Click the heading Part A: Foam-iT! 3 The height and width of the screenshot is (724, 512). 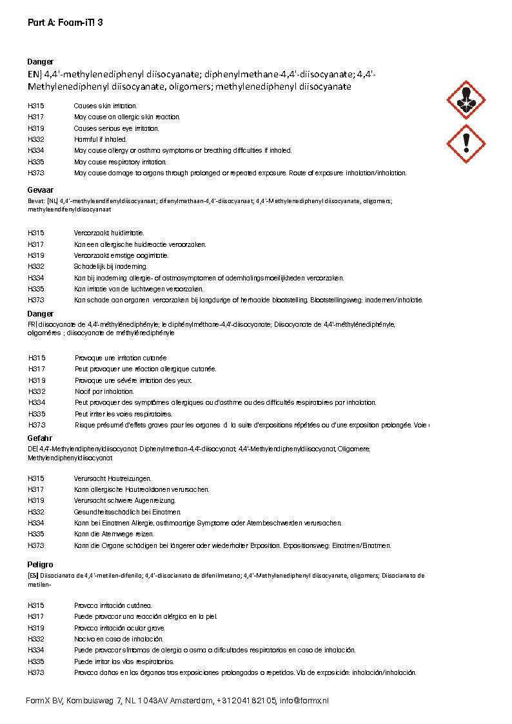pos(65,23)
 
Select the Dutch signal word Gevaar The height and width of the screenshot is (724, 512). pos(40,191)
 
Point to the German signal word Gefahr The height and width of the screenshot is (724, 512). pos(40,438)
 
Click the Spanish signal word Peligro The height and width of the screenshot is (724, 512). pos(41,564)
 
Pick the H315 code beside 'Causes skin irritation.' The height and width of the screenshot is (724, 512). pos(36,106)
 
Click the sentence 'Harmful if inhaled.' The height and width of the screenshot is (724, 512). pos(101,139)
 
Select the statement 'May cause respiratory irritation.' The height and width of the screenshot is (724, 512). pos(120,162)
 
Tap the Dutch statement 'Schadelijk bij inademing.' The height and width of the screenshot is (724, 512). pos(111,266)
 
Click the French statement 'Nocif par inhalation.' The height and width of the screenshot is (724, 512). pos(104,391)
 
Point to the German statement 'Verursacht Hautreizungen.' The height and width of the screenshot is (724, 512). pos(113,478)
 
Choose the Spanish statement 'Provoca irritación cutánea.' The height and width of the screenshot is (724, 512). pos(113,605)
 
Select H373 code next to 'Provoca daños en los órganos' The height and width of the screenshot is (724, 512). pos(36,672)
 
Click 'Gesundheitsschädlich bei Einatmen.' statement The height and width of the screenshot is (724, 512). pos(127,512)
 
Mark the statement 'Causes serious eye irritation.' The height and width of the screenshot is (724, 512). pos(117,128)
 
